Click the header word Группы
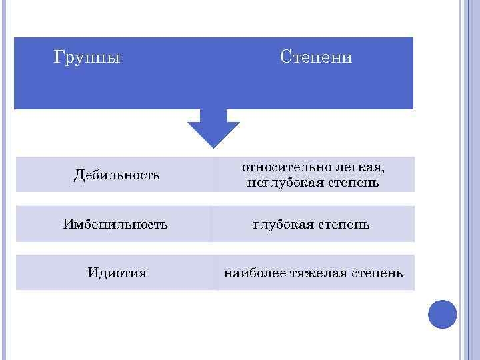tap(87, 58)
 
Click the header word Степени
tap(316, 58)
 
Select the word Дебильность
tap(117, 175)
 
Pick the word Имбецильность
tap(115, 224)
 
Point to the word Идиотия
tap(117, 273)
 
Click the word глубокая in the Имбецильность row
tap(283, 225)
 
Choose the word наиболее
tap(253, 273)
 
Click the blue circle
tap(442, 314)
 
